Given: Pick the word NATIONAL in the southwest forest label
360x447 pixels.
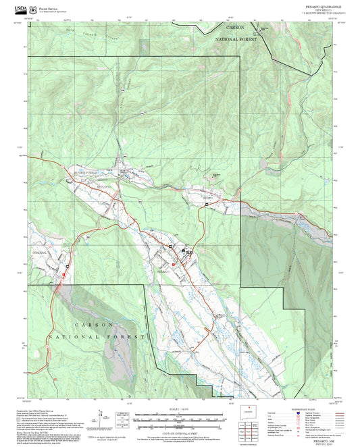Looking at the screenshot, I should coord(69,336).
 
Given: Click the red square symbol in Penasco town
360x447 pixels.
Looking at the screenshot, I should coord(174,264).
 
